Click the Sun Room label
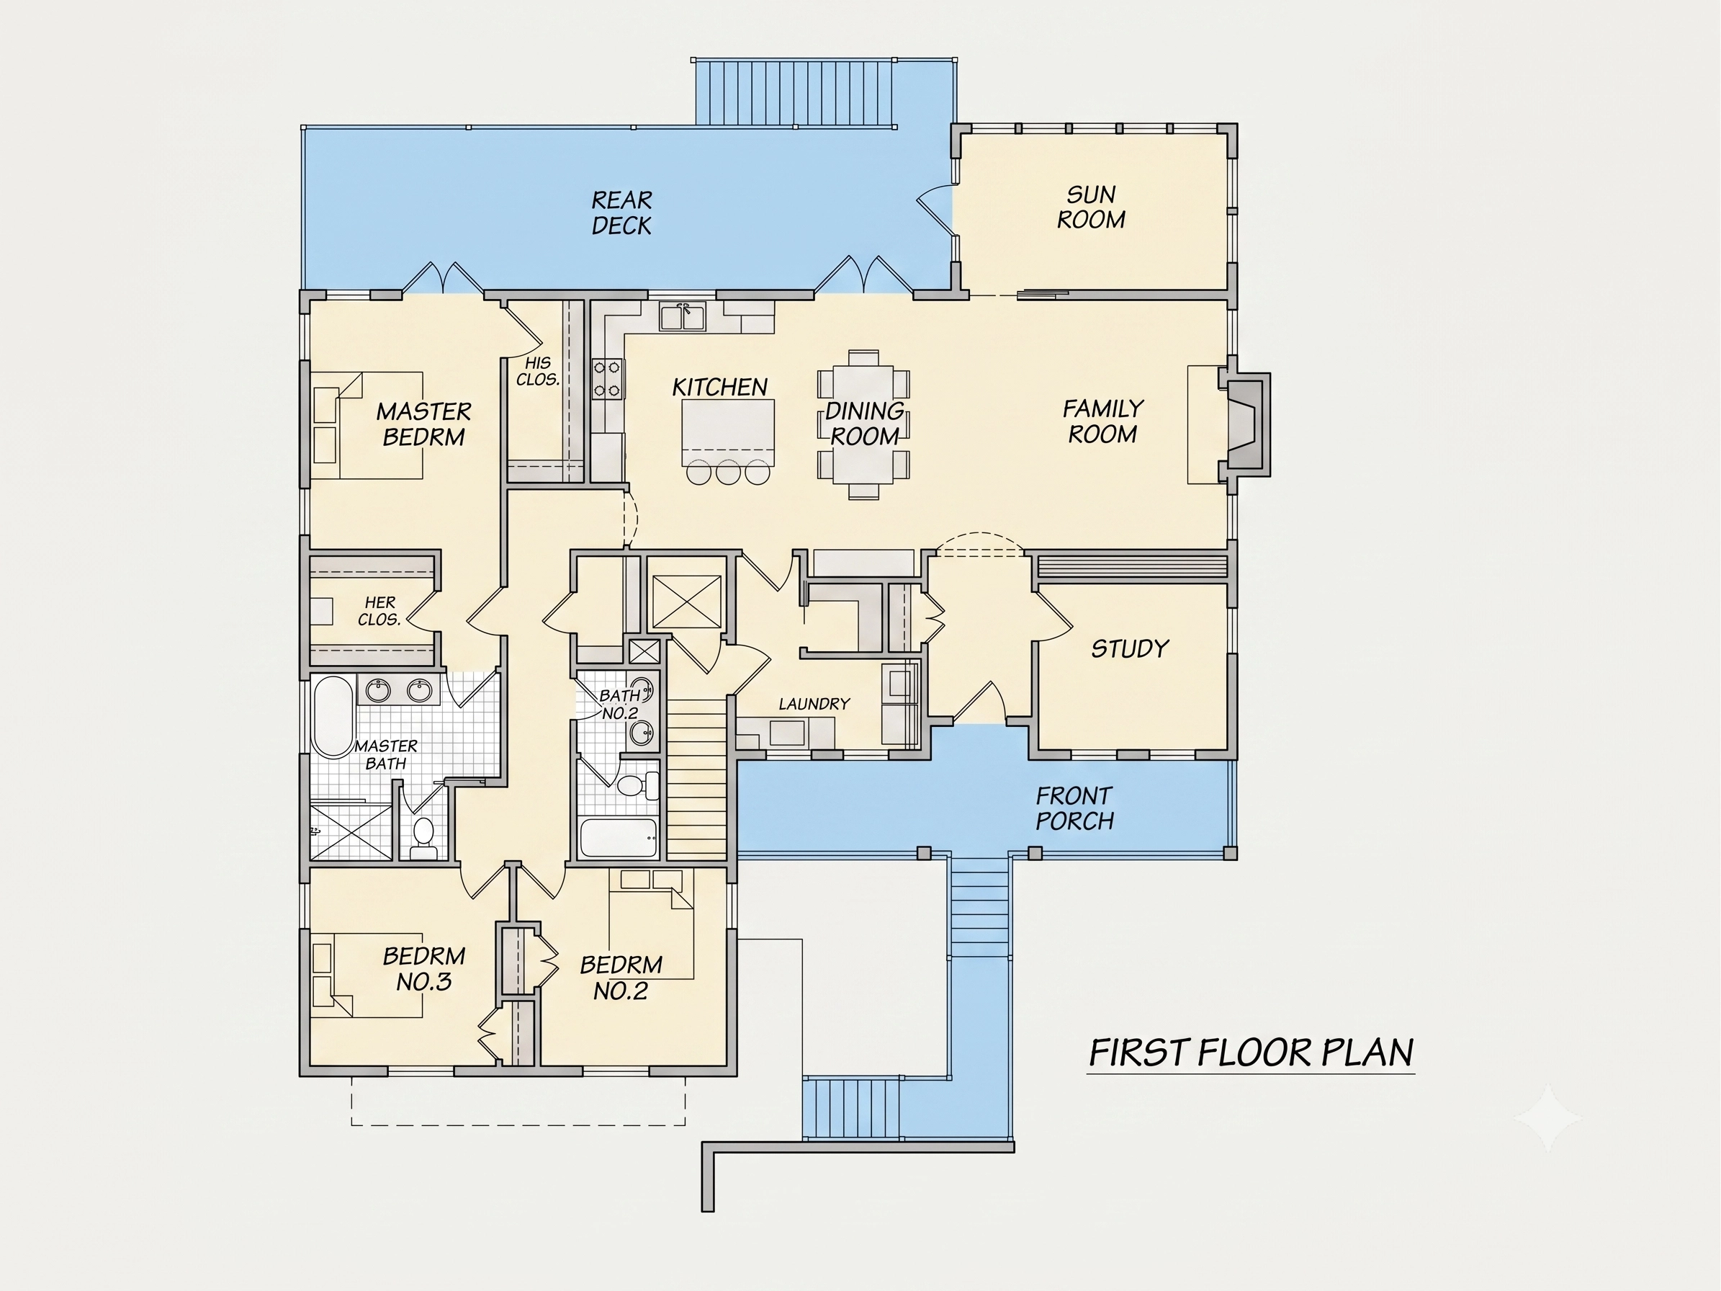1091,207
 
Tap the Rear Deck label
621,213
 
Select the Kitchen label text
719,387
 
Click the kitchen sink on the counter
683,318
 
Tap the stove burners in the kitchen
608,378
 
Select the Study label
1130,648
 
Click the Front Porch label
1074,808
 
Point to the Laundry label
814,703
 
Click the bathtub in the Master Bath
332,717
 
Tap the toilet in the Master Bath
423,836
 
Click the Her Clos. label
379,611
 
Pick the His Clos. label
538,371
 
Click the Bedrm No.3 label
424,968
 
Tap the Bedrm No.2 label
621,978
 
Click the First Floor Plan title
1251,1052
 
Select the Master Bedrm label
424,424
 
